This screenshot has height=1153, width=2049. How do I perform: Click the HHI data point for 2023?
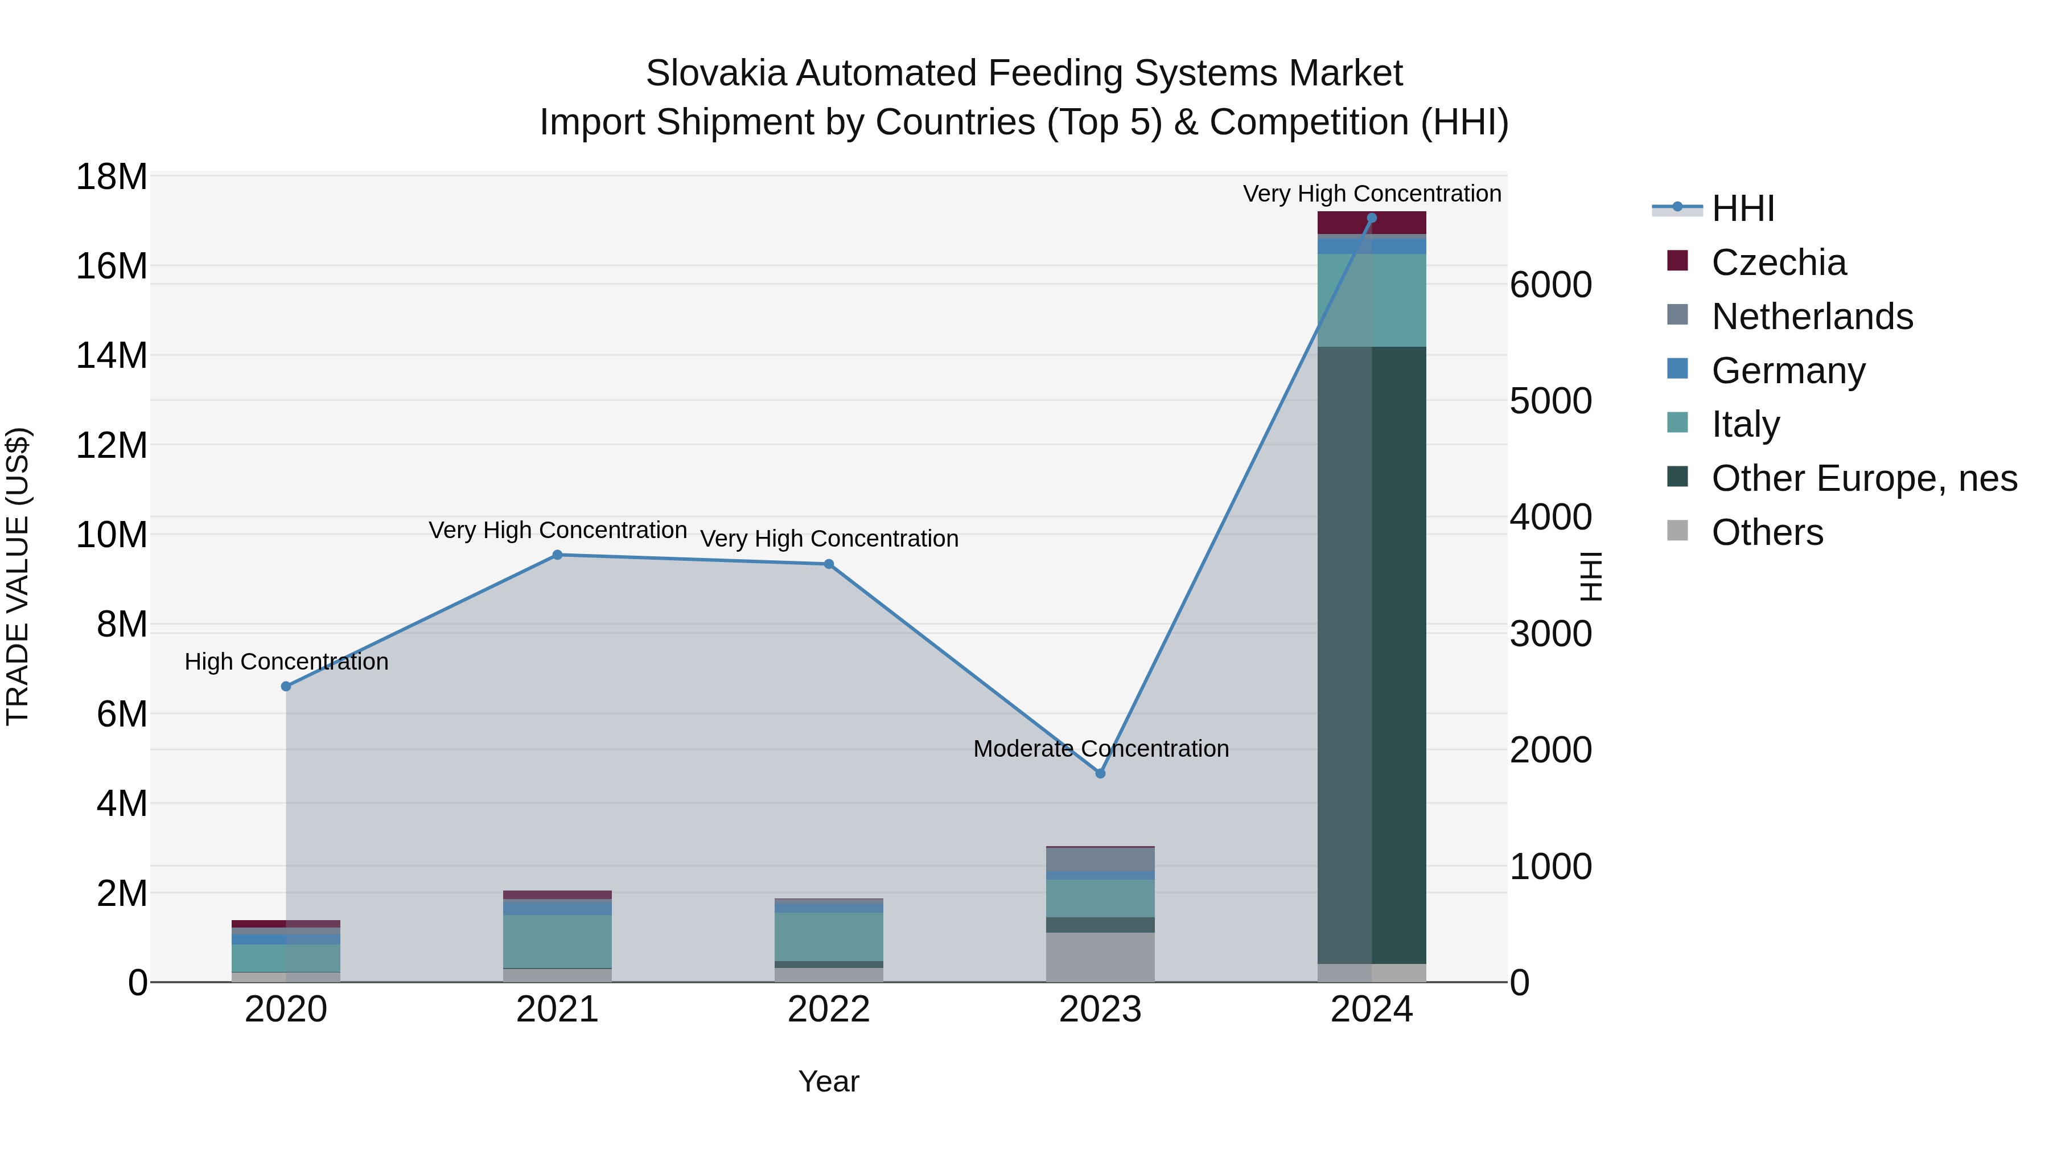coord(1100,773)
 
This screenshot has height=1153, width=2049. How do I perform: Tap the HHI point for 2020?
coord(286,686)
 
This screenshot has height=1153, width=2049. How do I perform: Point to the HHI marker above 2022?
coord(829,564)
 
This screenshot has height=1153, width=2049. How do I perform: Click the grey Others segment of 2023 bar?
coord(1100,957)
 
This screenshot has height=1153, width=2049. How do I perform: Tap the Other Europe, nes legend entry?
coord(1863,478)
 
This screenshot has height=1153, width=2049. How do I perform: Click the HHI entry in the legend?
coord(1742,208)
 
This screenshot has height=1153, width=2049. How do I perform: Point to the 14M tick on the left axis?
coord(112,356)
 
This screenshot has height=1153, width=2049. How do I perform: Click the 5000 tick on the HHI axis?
coord(1550,401)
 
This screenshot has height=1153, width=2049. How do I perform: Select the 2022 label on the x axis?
coord(829,1010)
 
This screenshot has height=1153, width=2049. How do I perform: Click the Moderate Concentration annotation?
coord(1101,749)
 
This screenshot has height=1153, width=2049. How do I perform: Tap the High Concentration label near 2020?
coord(286,662)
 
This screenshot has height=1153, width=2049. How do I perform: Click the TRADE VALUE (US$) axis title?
coord(18,576)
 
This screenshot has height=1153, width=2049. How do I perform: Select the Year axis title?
coord(829,1081)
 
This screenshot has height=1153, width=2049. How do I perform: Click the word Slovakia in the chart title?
coord(716,73)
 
